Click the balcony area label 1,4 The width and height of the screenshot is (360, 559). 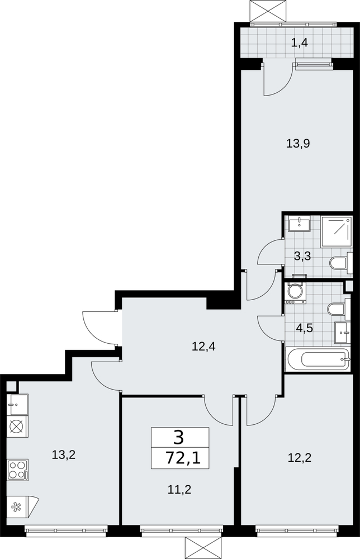pos(299,43)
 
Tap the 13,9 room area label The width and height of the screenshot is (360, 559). pos(299,143)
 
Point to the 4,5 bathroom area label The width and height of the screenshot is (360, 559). pos(305,327)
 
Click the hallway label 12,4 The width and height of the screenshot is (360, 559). pos(203,346)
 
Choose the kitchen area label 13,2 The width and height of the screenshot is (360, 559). pos(63,454)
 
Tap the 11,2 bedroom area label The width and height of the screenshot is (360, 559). pos(179,490)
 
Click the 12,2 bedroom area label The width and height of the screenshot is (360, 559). pos(300,457)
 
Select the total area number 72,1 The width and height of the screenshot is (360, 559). pos(183,457)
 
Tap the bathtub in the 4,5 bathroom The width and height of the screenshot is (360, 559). pos(318,359)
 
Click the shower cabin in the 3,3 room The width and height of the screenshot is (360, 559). pos(337,232)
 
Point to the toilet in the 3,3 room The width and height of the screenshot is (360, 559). pos(341,263)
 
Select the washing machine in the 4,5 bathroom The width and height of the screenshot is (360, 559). pos(295,292)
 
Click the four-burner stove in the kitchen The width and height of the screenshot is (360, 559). pos(18,470)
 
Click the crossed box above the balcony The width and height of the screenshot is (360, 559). pos(268,11)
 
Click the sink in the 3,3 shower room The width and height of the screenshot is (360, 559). pos(300,224)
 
